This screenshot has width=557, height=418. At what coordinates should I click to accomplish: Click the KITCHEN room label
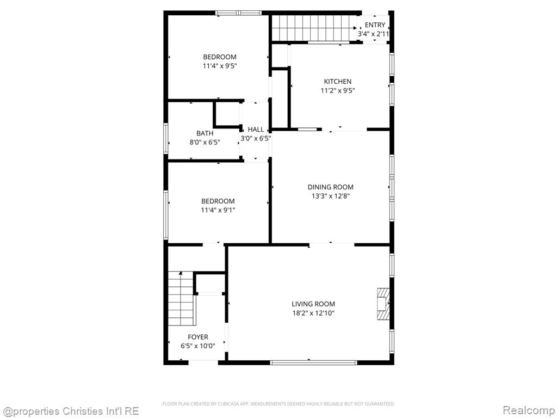(337, 82)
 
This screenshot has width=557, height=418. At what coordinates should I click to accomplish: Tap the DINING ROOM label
(330, 187)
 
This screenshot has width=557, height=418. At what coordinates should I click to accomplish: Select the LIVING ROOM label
(313, 304)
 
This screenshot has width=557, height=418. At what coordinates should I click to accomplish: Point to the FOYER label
(198, 337)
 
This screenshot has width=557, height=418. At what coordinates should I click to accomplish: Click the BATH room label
(205, 133)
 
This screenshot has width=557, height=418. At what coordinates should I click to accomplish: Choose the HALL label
(256, 130)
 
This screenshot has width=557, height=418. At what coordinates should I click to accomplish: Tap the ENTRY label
(375, 25)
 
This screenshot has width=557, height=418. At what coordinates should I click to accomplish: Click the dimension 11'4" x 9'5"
(220, 66)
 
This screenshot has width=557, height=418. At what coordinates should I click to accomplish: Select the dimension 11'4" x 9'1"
(218, 210)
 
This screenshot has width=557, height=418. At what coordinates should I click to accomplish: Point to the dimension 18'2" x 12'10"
(313, 313)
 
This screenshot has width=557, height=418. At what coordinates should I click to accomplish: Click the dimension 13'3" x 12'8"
(330, 196)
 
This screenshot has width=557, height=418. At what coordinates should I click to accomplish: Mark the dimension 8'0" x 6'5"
(205, 143)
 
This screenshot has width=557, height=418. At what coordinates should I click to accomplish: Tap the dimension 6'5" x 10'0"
(198, 346)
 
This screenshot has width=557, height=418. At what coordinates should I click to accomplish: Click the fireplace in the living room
(383, 304)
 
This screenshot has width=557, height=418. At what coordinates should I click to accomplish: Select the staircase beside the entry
(314, 28)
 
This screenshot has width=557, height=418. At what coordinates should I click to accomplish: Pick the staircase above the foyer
(181, 299)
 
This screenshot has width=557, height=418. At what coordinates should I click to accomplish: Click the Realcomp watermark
(529, 410)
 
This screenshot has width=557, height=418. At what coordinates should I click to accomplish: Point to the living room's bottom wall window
(313, 362)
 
